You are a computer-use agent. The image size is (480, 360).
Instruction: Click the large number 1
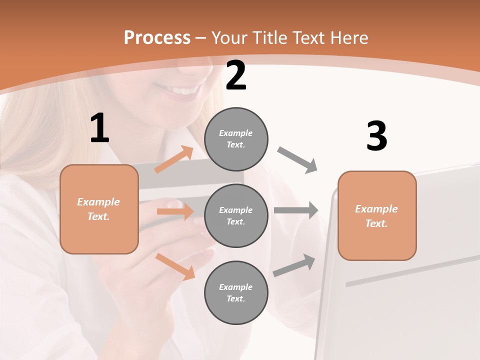click(x=99, y=128)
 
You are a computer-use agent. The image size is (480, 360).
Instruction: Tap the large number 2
click(x=236, y=75)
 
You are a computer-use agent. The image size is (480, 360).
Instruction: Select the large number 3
click(x=376, y=136)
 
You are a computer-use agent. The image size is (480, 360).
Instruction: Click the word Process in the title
click(x=157, y=37)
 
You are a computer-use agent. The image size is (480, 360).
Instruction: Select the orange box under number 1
click(x=99, y=209)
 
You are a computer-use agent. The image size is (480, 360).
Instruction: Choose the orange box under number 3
click(x=377, y=215)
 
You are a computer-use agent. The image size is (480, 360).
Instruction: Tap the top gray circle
click(x=236, y=139)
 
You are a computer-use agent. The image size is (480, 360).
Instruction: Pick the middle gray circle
click(x=236, y=215)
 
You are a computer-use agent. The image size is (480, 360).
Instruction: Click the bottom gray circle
click(x=236, y=292)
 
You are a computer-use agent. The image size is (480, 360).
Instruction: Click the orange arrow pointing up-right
click(x=173, y=159)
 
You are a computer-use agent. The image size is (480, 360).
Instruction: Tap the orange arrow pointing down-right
click(x=175, y=266)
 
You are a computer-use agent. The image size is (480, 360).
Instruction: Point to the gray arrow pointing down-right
click(x=297, y=160)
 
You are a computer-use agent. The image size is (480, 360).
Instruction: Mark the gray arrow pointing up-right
click(x=294, y=265)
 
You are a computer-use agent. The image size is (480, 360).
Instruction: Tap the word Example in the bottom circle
click(x=235, y=287)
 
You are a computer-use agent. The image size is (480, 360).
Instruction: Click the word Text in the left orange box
click(x=98, y=216)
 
